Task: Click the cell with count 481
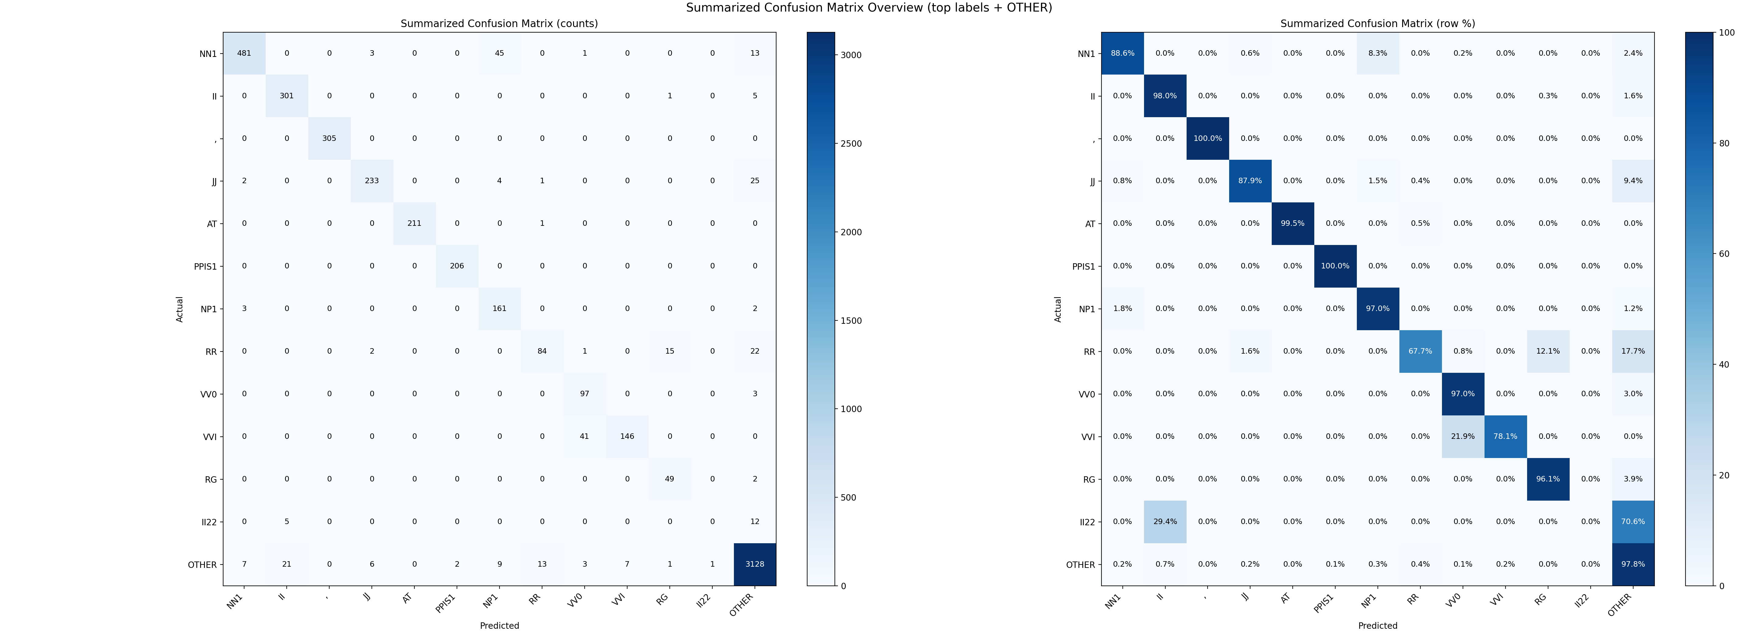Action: coord(244,53)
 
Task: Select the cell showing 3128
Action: coord(755,564)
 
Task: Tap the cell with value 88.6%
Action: coord(1123,53)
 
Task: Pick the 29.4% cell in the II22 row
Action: coord(1165,522)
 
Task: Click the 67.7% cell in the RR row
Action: coord(1420,351)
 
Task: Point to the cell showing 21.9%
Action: coord(1463,436)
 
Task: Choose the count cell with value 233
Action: coord(372,181)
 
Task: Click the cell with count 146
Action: coord(627,436)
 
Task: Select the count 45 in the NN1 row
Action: coord(500,53)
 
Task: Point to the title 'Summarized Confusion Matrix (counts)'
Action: coord(500,24)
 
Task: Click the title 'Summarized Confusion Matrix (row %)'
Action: coord(1378,24)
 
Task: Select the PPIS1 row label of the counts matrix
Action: coord(205,266)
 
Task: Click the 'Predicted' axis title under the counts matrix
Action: coord(500,626)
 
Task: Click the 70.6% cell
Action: coord(1633,522)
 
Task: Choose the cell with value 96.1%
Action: coord(1548,479)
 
